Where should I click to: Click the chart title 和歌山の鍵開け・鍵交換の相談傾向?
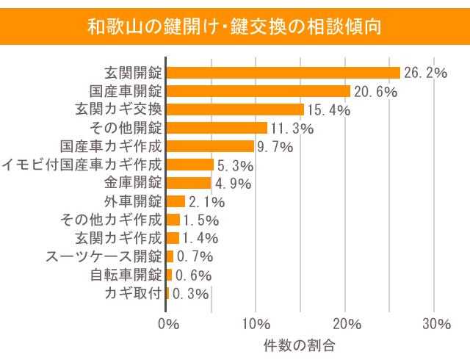234,27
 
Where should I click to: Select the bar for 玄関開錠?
283,73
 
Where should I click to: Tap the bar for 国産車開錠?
258,91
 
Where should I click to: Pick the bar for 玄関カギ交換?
235,109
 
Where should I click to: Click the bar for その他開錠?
217,128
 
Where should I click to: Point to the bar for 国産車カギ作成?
210,146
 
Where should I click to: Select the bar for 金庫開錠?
189,183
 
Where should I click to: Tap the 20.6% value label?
375,92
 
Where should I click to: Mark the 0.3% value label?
189,294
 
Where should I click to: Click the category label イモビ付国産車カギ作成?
82,165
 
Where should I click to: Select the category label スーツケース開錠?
104,256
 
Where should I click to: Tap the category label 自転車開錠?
126,275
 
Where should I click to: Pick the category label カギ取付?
133,293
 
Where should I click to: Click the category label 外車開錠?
133,201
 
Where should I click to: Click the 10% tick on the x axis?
256,323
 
